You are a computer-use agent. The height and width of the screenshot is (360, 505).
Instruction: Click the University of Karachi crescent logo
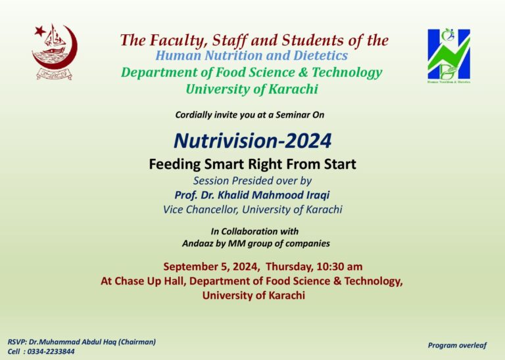(55, 52)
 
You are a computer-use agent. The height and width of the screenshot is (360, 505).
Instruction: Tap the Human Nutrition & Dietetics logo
(448, 55)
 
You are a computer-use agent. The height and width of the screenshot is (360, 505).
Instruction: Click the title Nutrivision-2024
(252, 141)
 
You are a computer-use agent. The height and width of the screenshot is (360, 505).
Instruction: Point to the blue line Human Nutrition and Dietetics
(252, 56)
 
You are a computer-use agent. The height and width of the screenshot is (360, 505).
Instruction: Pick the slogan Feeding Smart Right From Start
(252, 164)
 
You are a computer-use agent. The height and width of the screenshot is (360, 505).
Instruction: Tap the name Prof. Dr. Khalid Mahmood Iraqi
(252, 195)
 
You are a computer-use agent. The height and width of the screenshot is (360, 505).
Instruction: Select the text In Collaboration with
(254, 231)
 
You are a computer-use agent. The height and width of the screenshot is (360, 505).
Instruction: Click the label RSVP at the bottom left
(18, 342)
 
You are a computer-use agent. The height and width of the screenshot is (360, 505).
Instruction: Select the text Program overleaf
(457, 345)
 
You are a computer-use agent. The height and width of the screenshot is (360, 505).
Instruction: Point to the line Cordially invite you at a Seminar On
(249, 115)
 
